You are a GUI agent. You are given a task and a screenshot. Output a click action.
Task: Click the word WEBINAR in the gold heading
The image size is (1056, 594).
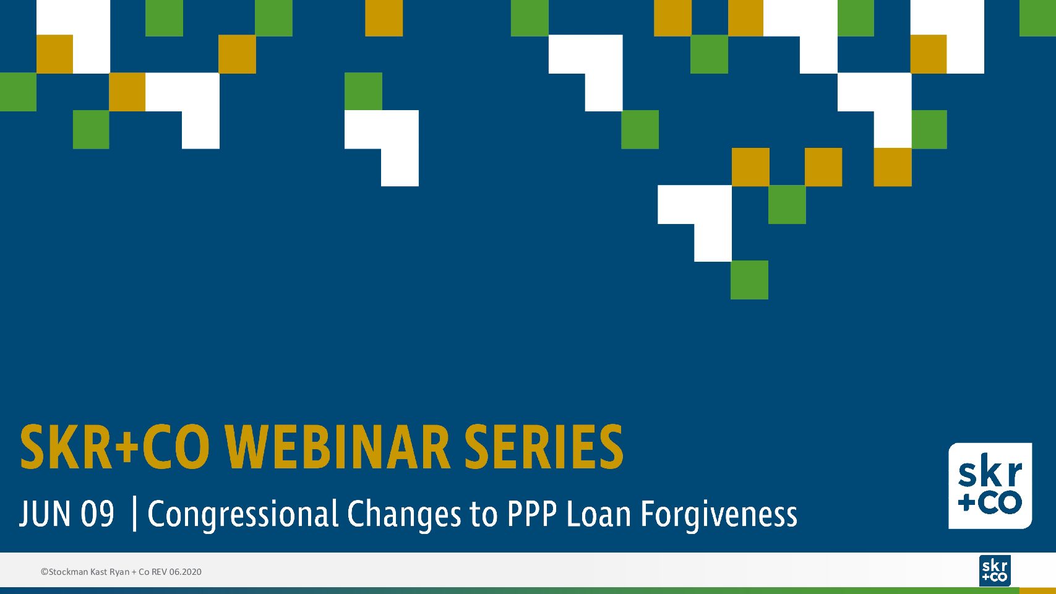[338, 447]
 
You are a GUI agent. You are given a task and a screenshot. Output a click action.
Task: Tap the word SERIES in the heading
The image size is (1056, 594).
[544, 447]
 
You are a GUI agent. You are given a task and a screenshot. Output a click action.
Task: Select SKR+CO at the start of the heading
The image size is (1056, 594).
[114, 447]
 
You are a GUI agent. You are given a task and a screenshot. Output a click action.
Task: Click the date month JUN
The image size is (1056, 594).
[45, 514]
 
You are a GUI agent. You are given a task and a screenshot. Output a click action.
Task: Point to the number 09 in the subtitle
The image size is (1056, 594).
[98, 514]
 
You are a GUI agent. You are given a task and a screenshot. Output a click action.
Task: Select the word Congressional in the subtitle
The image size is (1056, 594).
[243, 515]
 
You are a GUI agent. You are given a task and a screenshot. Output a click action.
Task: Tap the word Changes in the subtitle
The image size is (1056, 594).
[404, 515]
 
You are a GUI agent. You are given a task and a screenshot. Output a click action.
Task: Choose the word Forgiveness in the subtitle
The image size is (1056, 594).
[719, 515]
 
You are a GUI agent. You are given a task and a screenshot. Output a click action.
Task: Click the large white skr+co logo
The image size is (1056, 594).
[990, 486]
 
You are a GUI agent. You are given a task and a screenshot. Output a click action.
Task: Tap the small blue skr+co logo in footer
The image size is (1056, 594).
[995, 570]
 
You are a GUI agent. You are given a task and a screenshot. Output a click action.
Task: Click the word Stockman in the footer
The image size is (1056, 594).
[68, 572]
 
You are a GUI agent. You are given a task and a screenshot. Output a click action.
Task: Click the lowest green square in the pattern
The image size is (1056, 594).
[749, 280]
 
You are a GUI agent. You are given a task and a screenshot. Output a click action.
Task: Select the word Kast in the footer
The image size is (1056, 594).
[98, 572]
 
